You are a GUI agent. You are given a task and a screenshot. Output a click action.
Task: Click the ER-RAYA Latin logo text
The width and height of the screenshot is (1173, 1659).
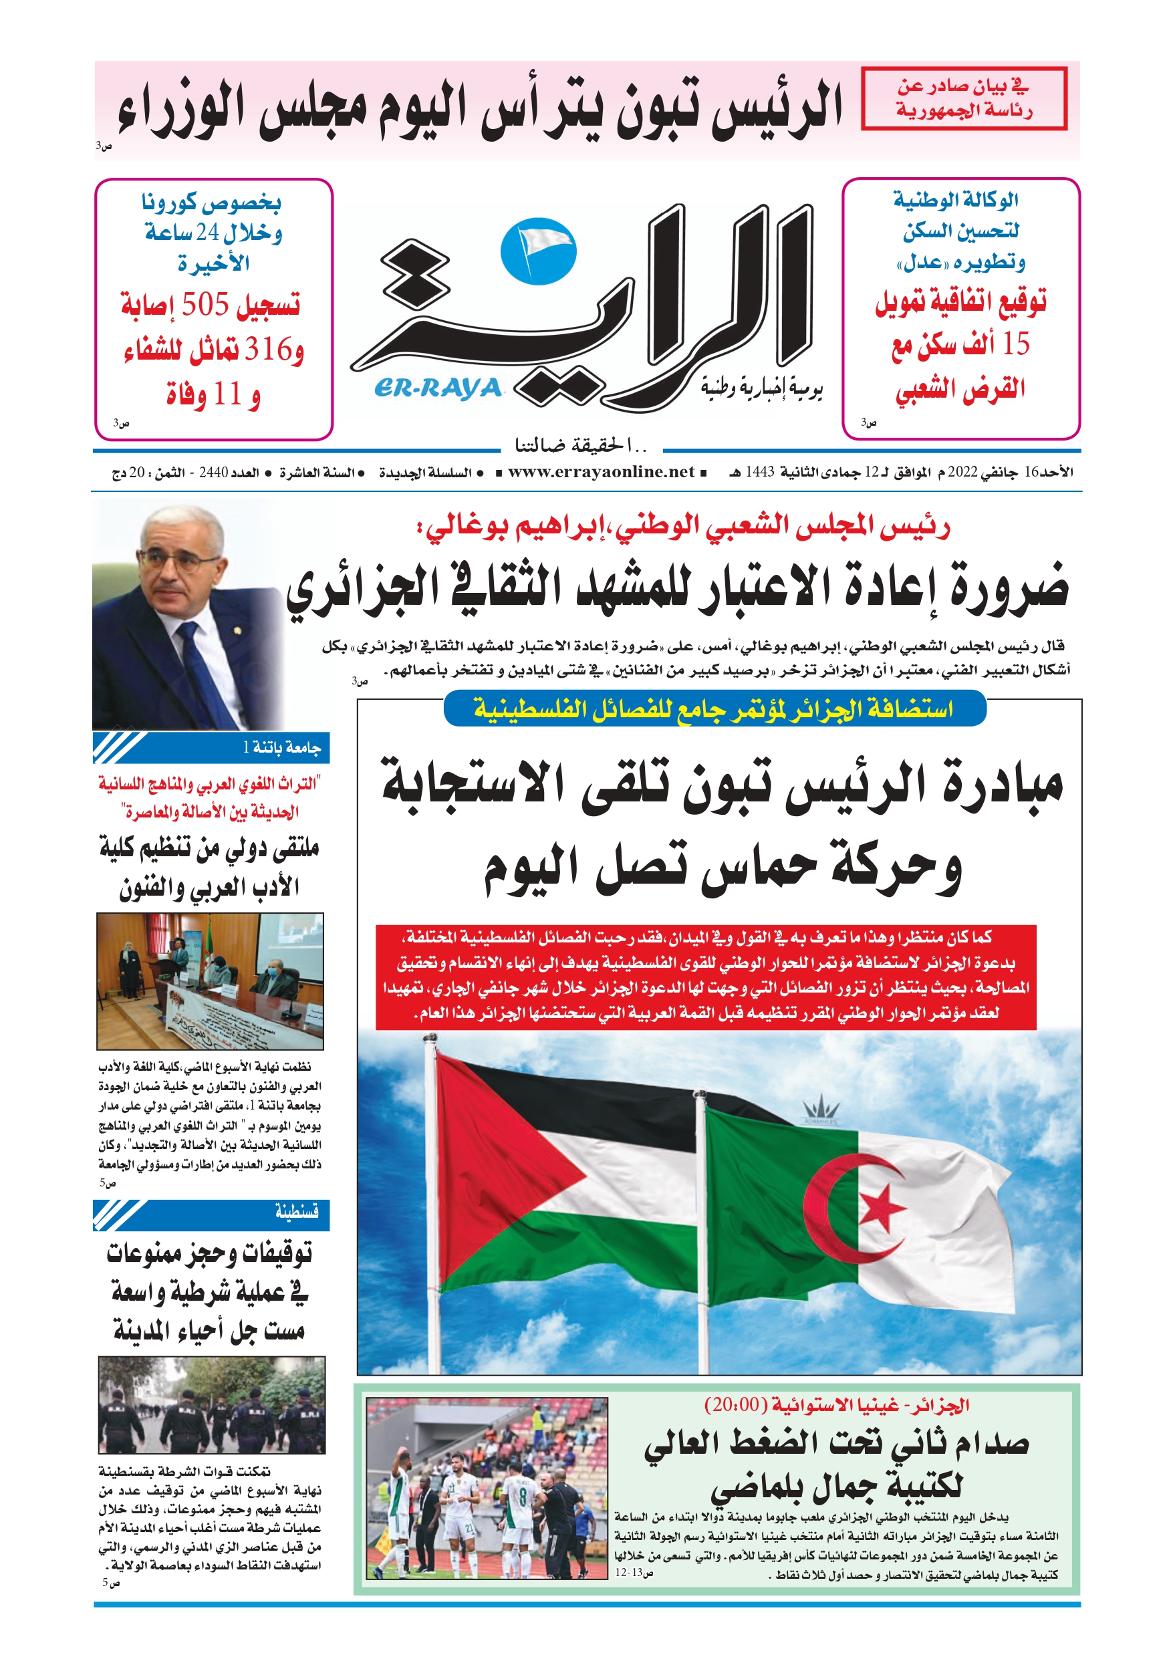point(438,389)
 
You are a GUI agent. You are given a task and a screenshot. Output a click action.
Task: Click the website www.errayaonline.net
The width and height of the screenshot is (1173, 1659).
point(601,472)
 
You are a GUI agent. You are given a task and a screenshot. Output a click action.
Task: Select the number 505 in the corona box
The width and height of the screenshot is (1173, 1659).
point(205,304)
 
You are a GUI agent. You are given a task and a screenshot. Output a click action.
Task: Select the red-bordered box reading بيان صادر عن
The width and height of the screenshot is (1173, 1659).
point(963,98)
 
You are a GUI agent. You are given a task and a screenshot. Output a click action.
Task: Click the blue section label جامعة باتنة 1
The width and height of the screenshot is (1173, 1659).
point(282,747)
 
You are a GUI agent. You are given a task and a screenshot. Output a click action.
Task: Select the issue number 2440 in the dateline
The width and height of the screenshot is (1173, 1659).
point(213,473)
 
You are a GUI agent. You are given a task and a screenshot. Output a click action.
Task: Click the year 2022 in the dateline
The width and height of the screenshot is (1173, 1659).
point(962,473)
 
